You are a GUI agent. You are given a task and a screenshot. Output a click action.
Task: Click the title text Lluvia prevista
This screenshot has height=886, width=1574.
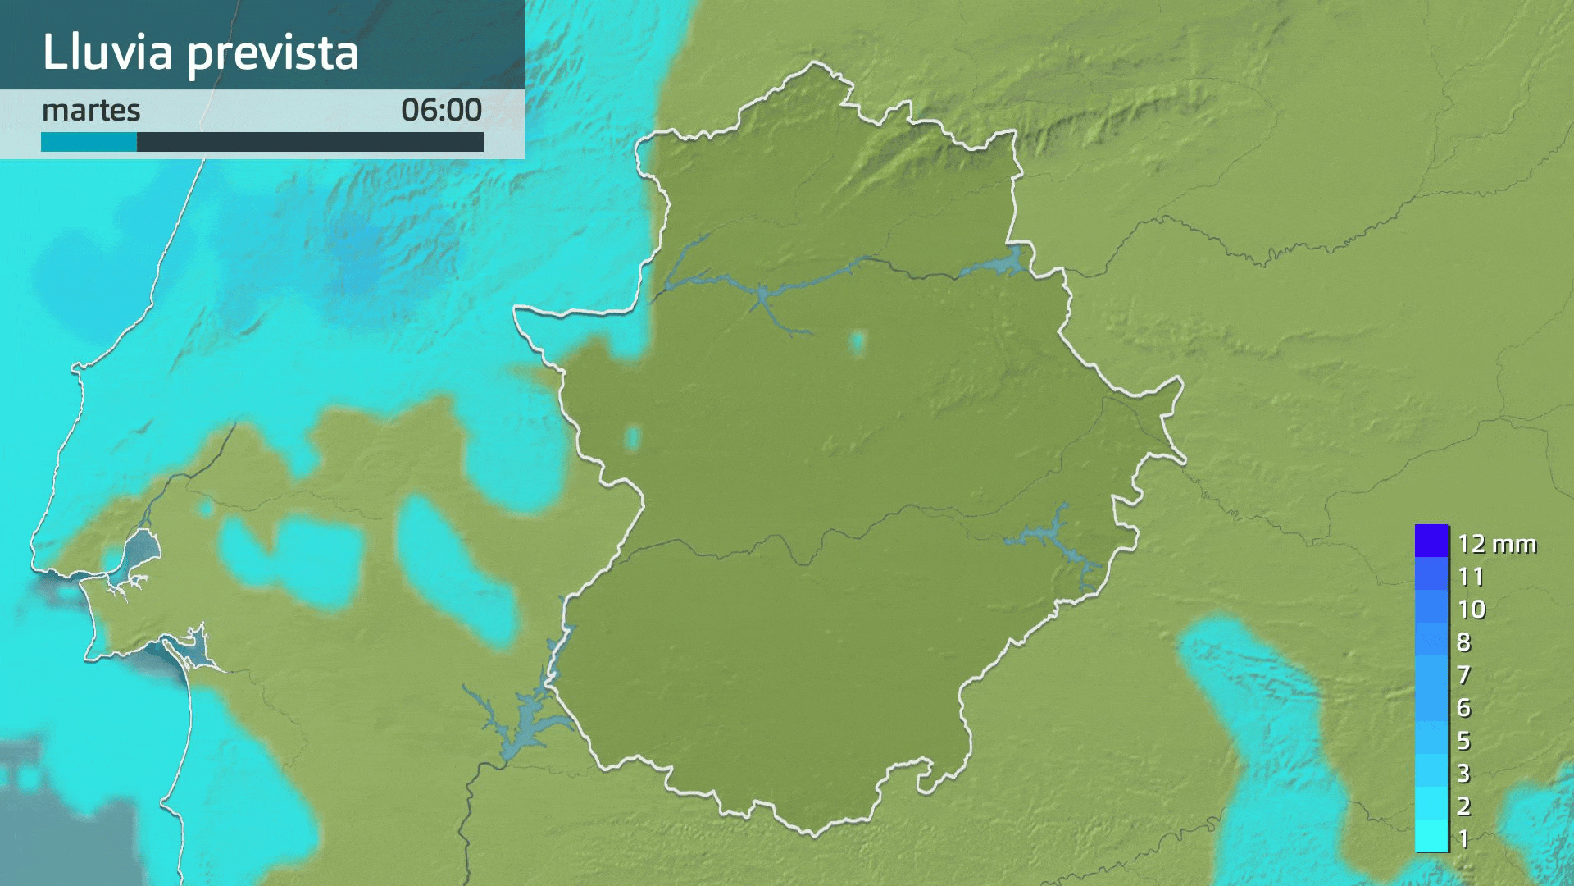coord(200,53)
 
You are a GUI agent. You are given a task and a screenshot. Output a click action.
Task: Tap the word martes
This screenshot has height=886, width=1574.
coord(91,110)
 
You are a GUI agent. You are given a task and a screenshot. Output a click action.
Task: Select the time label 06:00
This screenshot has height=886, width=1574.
coord(441,110)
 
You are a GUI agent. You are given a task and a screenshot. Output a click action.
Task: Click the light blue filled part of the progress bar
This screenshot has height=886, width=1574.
coord(89,143)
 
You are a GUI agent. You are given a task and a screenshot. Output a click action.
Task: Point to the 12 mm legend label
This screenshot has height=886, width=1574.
coord(1496,544)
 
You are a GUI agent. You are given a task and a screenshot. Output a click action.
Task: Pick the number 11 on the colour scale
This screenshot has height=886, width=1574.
coord(1471,577)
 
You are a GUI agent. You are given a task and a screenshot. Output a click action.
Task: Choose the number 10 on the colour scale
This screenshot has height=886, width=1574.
coord(1472,610)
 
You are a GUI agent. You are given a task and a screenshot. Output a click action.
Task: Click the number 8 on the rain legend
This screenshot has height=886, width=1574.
coord(1464,642)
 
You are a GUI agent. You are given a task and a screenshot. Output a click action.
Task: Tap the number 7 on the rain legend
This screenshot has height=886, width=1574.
coord(1464,675)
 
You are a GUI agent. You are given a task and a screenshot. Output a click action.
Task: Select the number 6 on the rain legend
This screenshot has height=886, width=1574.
coord(1464,708)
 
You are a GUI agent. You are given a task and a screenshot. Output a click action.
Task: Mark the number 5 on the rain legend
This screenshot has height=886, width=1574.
coord(1464,741)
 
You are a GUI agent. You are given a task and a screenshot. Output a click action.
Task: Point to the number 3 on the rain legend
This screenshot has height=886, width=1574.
coord(1464,774)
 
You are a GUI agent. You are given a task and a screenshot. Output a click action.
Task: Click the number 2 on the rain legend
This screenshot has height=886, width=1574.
coord(1464,806)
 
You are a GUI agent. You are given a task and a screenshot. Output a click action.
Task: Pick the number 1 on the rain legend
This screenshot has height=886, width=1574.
coord(1464,839)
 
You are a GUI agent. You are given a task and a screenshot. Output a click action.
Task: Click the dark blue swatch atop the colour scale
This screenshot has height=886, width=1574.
coord(1431,541)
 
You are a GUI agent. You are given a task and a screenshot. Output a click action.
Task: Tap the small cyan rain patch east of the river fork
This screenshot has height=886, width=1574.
coord(858,342)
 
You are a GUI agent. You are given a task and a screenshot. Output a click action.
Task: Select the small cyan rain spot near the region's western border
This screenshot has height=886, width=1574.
coord(632,437)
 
